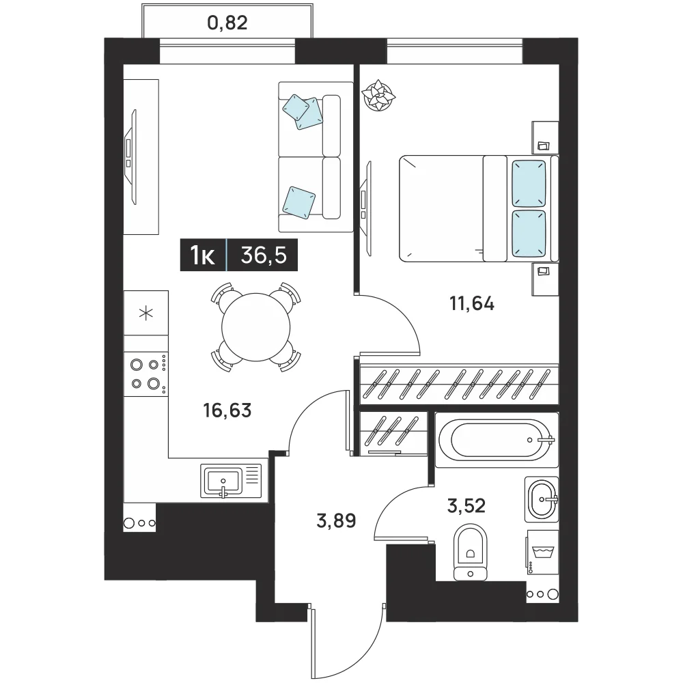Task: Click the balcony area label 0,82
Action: pos(227,23)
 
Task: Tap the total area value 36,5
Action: pos(264,255)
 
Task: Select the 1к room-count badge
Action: pos(203,255)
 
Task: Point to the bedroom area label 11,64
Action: pos(472,304)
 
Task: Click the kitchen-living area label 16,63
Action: pos(227,410)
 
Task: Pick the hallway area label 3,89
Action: pos(336,520)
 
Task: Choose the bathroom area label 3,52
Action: pos(466,505)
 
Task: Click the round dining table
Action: pos(255,328)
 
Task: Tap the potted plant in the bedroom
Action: pos(378,96)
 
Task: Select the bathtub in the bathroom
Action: pos(497,440)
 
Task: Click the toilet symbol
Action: pos(470,552)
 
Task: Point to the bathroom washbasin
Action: pos(542,499)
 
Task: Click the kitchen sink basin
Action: pos(223,481)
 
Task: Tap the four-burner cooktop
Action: pos(146,374)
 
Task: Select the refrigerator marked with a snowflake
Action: pos(146,313)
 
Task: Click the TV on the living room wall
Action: pos(130,156)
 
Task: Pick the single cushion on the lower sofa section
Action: pos(299,202)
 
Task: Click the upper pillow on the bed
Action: pos(529,183)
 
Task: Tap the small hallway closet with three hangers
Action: pos(394,434)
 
